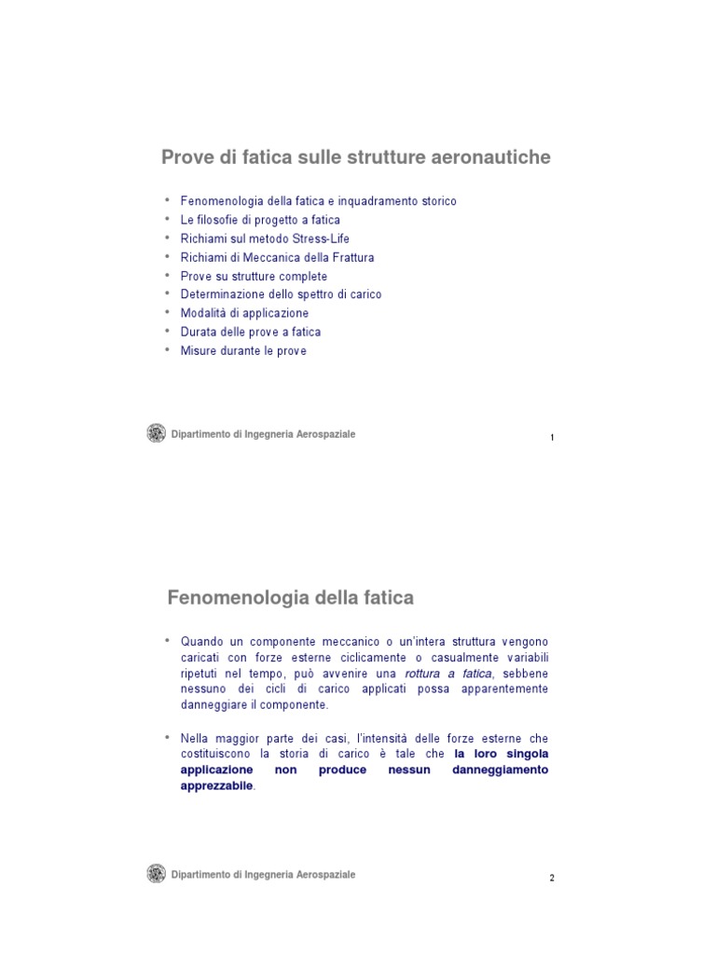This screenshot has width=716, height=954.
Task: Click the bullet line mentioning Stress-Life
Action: click(x=265, y=238)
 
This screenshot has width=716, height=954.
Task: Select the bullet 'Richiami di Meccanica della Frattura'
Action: click(x=277, y=257)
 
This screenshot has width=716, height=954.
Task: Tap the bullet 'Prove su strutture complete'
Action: click(x=254, y=276)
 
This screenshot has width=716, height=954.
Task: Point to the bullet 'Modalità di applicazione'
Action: click(x=244, y=313)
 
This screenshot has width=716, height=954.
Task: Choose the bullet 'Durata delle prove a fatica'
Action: click(x=250, y=332)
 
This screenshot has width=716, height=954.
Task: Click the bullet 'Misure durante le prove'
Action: click(x=243, y=351)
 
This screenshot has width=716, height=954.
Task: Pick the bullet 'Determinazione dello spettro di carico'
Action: click(x=281, y=294)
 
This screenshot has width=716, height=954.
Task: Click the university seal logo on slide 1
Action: click(x=157, y=433)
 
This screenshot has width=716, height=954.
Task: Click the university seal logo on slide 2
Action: click(x=157, y=874)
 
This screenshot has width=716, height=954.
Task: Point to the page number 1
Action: click(x=552, y=437)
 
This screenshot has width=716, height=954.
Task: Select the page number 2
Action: click(x=552, y=878)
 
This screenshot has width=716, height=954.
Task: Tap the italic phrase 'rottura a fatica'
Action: click(x=448, y=674)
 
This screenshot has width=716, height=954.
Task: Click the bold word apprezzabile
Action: click(x=216, y=786)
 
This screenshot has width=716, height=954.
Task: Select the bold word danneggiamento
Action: click(x=500, y=770)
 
